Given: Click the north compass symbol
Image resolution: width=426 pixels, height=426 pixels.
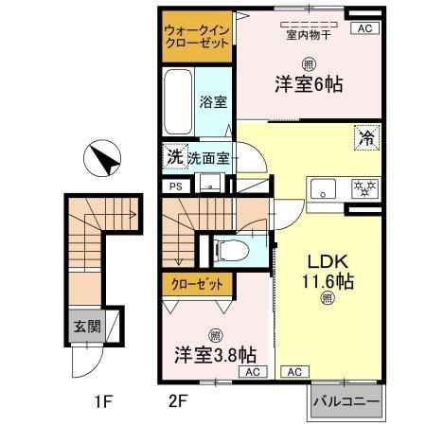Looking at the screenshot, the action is (x=102, y=158).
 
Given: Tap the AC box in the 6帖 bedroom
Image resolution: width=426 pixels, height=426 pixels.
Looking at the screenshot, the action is (x=364, y=28).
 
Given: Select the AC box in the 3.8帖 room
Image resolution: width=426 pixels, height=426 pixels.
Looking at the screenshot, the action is (x=253, y=372).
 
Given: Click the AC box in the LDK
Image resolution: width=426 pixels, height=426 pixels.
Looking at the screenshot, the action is (x=294, y=372).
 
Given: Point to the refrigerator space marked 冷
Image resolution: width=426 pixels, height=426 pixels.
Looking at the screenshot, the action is (x=367, y=137).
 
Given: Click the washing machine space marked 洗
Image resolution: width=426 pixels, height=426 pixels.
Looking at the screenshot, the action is (x=175, y=156).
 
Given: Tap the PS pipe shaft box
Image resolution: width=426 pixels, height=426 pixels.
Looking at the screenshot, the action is (x=176, y=186).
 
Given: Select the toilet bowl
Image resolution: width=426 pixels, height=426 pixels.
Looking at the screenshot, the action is (x=232, y=251).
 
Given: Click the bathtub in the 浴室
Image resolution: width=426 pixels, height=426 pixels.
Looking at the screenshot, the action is (x=178, y=101).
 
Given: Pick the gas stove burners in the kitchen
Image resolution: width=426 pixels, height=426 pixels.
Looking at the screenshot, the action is (x=365, y=188).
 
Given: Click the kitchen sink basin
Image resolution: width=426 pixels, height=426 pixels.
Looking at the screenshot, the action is (x=323, y=188).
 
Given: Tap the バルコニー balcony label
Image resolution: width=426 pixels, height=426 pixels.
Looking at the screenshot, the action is (x=346, y=401).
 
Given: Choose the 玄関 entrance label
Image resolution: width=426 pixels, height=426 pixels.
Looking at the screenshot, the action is (x=87, y=327).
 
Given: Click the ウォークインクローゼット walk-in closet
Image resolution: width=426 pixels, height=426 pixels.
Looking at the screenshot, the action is (x=197, y=37).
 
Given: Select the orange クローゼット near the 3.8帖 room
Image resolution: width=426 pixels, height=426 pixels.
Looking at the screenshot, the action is (x=198, y=285).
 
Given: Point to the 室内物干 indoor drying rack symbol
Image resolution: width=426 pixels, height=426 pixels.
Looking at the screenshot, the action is (x=309, y=25).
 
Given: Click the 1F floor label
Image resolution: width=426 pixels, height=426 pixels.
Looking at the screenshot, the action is (x=103, y=401).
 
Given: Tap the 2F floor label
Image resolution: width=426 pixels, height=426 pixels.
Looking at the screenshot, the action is (x=178, y=401).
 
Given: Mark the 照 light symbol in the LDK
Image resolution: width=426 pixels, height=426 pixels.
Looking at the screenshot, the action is (x=327, y=298).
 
